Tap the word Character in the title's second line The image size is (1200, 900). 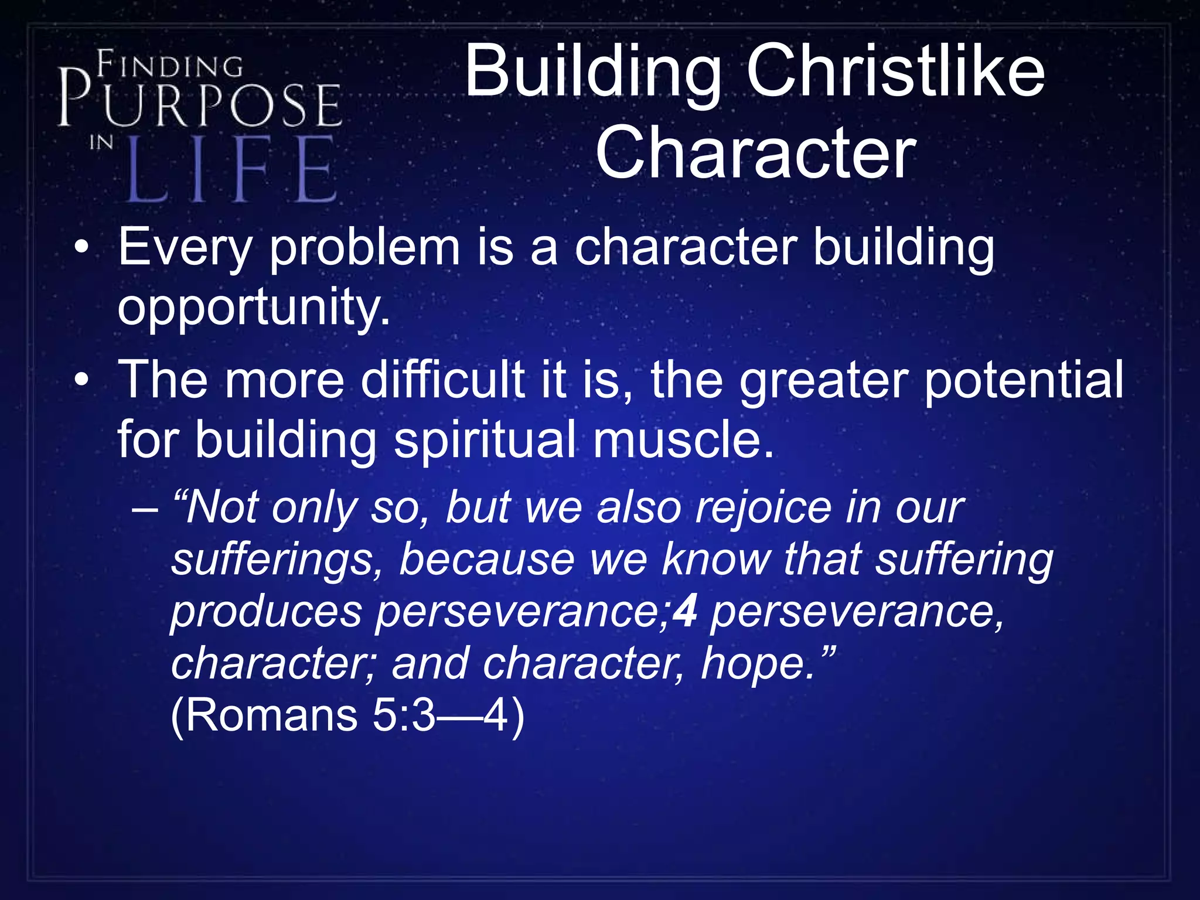tap(755, 154)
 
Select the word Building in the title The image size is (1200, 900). tap(592, 73)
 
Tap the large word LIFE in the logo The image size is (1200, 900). tap(231, 170)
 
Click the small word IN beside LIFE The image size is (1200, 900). tap(101, 142)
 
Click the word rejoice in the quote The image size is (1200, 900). tap(762, 507)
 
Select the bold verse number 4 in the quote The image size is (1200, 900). tap(685, 612)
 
